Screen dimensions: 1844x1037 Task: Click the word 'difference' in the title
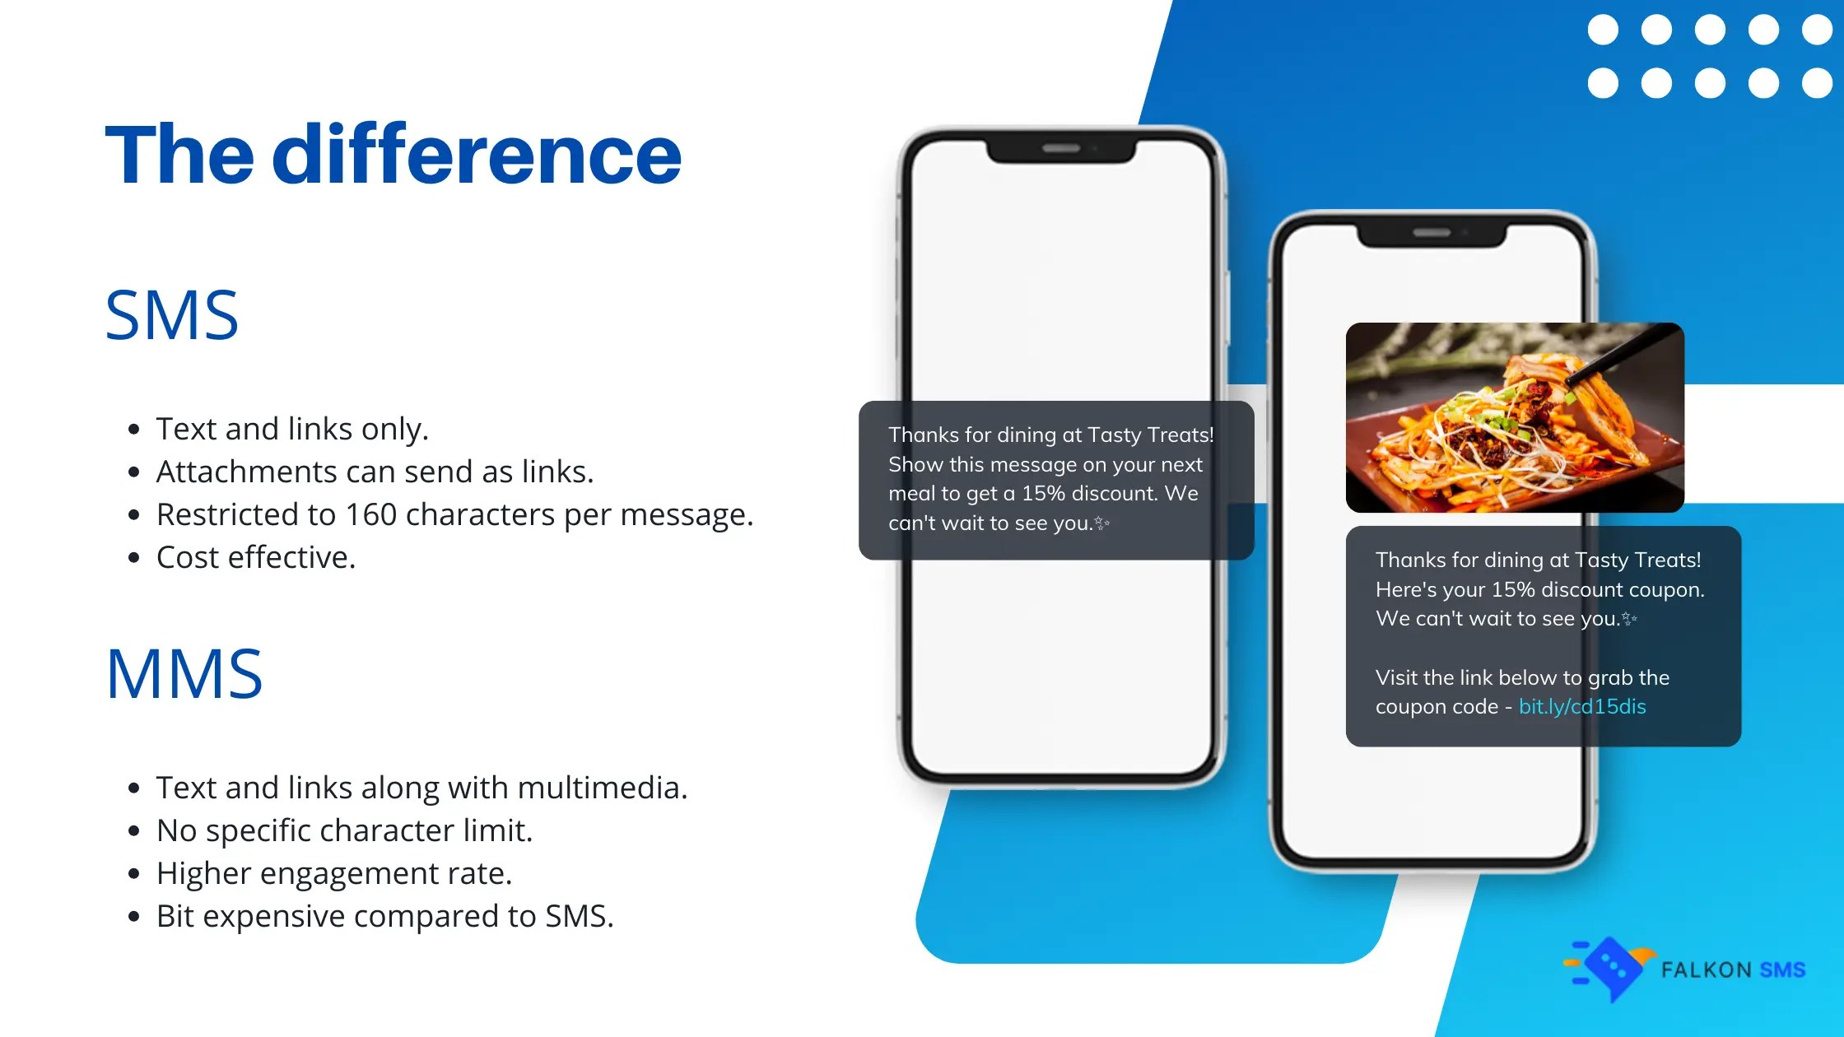pyautogui.click(x=477, y=154)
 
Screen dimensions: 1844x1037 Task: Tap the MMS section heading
pyautogui.click(x=184, y=673)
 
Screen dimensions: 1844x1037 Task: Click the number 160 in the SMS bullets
pyautogui.click(x=370, y=514)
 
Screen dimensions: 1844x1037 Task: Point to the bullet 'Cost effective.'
pyautogui.click(x=256, y=557)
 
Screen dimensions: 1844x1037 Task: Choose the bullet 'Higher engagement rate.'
pyautogui.click(x=334, y=873)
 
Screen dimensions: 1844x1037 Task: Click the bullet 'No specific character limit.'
pyautogui.click(x=345, y=830)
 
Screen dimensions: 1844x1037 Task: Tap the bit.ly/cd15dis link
pyautogui.click(x=1582, y=706)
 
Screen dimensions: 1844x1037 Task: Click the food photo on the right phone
pyautogui.click(x=1515, y=417)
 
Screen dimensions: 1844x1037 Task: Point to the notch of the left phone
pyautogui.click(x=1061, y=150)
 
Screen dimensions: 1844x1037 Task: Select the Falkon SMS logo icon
pyautogui.click(x=1609, y=969)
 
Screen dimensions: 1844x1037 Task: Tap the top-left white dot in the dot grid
pyautogui.click(x=1603, y=30)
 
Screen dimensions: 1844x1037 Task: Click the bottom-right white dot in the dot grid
pyautogui.click(x=1817, y=83)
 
